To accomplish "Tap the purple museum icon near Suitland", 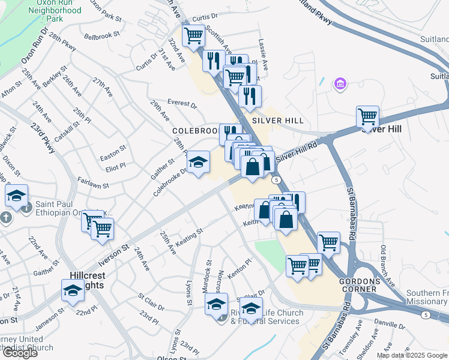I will [x=340, y=83].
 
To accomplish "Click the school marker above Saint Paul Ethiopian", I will [x=17, y=195].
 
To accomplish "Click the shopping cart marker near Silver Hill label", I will [x=367, y=116].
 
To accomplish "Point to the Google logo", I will [x=20, y=353].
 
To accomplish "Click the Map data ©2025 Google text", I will [x=412, y=355].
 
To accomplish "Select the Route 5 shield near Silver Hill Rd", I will [x=276, y=179].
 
